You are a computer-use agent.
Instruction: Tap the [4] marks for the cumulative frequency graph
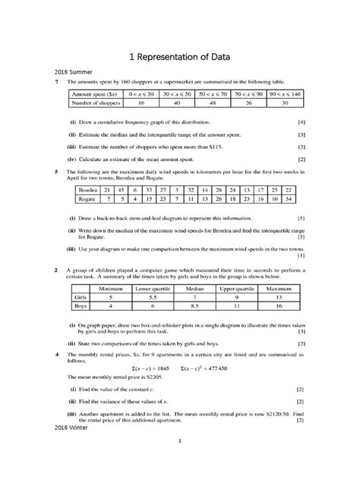(302, 122)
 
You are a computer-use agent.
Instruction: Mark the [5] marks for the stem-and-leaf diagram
(302, 216)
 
